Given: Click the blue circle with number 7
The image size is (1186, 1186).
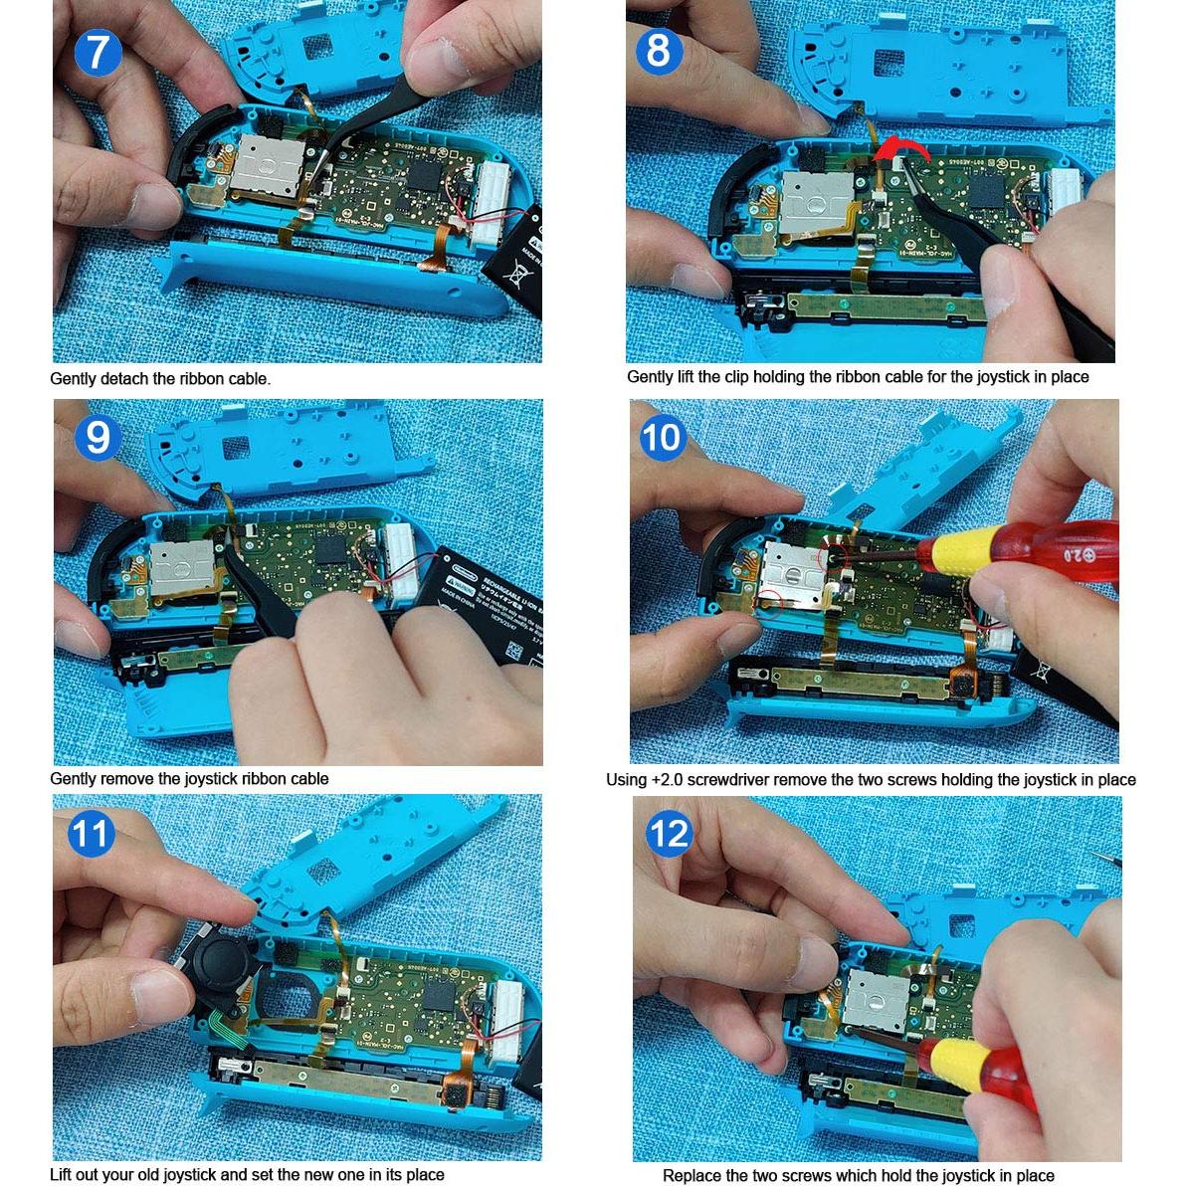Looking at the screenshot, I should click(96, 51).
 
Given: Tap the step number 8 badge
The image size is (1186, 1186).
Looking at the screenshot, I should click(658, 50).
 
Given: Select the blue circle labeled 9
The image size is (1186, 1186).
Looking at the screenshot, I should click(97, 437).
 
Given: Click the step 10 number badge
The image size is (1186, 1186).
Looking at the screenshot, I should click(662, 438).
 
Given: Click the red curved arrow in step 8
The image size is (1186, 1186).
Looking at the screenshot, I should click(903, 150).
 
